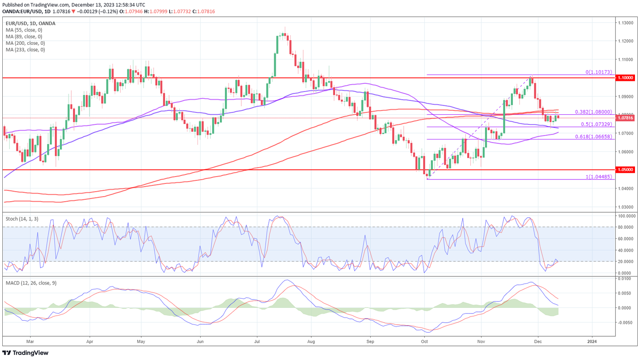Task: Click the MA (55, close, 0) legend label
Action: point(24,30)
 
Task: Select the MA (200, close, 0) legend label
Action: point(25,43)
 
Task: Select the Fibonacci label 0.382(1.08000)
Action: point(593,112)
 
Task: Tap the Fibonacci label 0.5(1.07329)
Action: point(596,124)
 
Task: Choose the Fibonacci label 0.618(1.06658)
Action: point(593,136)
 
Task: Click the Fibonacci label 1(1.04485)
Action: point(599,177)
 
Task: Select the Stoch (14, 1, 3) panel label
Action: point(22,219)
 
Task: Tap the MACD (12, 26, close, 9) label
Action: point(31,283)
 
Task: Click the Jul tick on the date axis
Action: point(257,341)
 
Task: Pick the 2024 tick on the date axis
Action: point(592,341)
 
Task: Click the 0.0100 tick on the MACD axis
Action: point(625,278)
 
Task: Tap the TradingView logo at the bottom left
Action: point(26,353)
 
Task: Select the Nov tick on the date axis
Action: point(481,341)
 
